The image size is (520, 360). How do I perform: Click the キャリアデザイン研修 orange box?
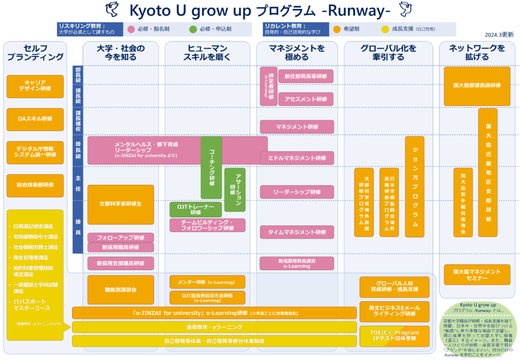point(35,86)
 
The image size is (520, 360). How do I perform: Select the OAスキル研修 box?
point(35,119)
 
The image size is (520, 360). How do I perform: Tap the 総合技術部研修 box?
point(35,185)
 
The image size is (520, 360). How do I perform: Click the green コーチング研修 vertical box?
point(211,168)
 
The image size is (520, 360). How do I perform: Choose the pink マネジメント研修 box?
point(297,126)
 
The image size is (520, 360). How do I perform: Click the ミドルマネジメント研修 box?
point(297,158)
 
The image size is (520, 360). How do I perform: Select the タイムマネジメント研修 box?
point(297,232)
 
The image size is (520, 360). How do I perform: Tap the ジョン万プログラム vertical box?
point(414,186)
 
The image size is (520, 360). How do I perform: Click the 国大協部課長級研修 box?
point(477,86)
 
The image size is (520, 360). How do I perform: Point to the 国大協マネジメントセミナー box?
point(477,274)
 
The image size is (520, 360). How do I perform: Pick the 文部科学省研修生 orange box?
point(120,204)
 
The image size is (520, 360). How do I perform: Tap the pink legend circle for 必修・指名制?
point(131,29)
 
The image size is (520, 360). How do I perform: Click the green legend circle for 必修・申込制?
point(192,29)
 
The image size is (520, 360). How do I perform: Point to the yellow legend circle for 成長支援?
point(385,29)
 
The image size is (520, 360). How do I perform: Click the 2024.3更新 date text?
point(499,35)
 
